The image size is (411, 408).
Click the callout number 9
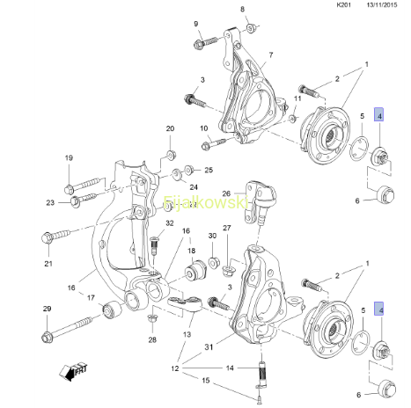coord(196,24)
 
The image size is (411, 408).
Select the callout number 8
coord(242,9)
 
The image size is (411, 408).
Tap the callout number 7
coord(271,55)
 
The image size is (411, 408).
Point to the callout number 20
coord(170,128)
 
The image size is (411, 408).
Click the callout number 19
coord(69,158)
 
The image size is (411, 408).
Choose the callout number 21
coord(48,264)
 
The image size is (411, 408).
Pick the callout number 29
coord(48,309)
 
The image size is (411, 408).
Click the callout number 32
coord(170,223)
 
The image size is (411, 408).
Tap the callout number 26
coord(226,193)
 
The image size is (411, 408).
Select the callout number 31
coord(209,347)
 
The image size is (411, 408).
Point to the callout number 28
coord(152,339)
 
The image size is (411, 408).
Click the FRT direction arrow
coord(73,372)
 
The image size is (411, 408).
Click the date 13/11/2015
coord(382,5)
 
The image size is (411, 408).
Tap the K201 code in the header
coord(343,5)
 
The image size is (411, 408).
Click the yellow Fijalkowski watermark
coord(205,202)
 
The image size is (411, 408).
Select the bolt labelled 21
coord(56,236)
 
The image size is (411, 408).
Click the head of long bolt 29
coord(47,337)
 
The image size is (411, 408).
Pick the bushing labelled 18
coord(196,269)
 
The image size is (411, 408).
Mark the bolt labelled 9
coord(205,42)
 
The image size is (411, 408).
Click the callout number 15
coord(206,380)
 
